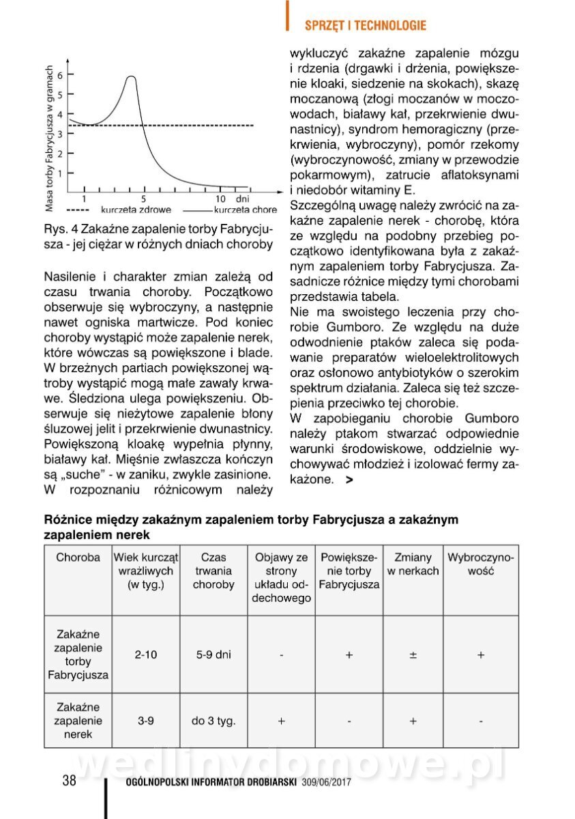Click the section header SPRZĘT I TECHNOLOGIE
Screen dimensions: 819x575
pyautogui.click(x=365, y=25)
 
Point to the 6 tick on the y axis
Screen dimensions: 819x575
pyautogui.click(x=69, y=74)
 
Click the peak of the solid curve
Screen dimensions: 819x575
pyautogui.click(x=130, y=77)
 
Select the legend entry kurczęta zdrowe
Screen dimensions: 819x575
pyautogui.click(x=136, y=210)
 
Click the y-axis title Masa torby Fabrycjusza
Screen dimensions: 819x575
pyautogui.click(x=49, y=137)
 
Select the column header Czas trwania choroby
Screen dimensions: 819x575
pyautogui.click(x=213, y=571)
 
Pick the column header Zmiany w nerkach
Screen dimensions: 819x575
pyautogui.click(x=413, y=564)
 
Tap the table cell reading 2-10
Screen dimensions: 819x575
pyautogui.click(x=145, y=655)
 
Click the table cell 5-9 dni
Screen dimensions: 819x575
pyautogui.click(x=213, y=655)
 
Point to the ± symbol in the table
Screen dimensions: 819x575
pyautogui.click(x=413, y=655)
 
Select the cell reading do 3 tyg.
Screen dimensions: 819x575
pyautogui.click(x=213, y=721)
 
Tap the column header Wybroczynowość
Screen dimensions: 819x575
pyautogui.click(x=481, y=564)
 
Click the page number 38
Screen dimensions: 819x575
pyautogui.click(x=69, y=781)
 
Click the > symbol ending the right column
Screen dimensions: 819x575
pyautogui.click(x=350, y=480)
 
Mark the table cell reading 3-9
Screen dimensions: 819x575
pyautogui.click(x=145, y=721)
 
